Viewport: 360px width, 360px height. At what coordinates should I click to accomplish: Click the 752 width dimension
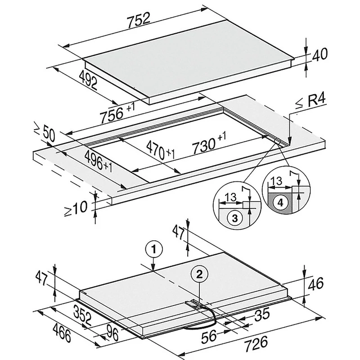(x=139, y=20)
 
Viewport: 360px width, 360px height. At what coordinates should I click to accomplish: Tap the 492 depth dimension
(x=88, y=80)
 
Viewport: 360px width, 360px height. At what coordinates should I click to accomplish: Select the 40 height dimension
(x=319, y=55)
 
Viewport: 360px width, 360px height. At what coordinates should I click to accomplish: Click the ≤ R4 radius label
(x=310, y=102)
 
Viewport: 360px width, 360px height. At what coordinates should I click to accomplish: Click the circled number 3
(x=235, y=218)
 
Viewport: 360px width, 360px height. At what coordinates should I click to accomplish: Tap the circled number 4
(x=280, y=203)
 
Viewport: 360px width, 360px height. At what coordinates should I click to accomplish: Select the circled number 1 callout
(x=154, y=249)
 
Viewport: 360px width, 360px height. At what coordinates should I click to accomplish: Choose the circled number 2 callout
(x=199, y=274)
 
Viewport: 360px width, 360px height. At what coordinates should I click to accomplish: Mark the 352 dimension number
(x=82, y=315)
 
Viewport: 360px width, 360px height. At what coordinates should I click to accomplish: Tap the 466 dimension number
(x=62, y=333)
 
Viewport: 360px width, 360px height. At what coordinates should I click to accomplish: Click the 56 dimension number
(x=209, y=336)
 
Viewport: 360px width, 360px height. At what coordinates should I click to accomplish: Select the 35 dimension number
(x=262, y=315)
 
